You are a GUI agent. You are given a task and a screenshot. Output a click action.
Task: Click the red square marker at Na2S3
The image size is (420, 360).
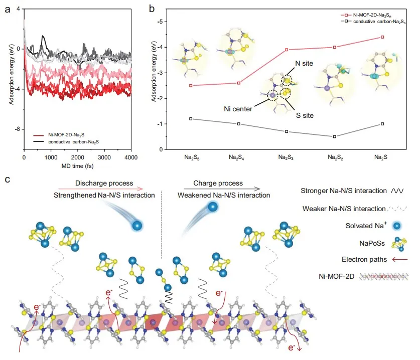pyautogui.click(x=287, y=50)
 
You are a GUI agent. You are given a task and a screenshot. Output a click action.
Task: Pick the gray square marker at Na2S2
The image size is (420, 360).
pyautogui.click(x=334, y=136)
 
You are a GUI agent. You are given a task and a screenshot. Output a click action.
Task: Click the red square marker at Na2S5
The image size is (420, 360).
pyautogui.click(x=191, y=85)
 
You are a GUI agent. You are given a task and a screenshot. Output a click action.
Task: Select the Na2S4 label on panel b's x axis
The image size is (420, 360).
pyautogui.click(x=238, y=157)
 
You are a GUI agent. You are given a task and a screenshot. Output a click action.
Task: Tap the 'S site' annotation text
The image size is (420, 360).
pyautogui.click(x=304, y=115)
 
